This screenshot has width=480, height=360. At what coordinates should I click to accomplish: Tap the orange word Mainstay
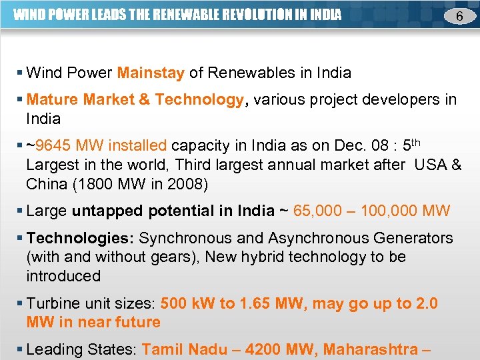tap(151, 72)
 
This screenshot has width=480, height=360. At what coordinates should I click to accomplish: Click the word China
tap(47, 183)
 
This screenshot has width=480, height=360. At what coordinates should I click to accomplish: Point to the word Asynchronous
tap(315, 238)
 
